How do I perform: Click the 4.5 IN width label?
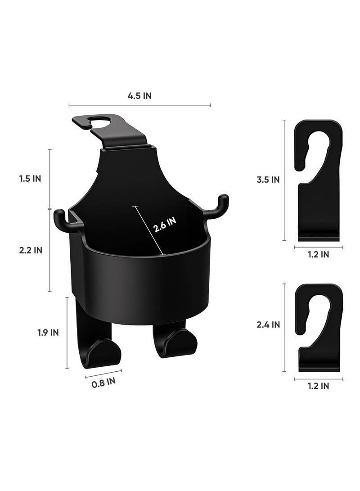point(139,96)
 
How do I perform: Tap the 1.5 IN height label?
point(30,179)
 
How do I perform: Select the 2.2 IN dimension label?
point(31,250)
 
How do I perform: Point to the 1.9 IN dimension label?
point(48,332)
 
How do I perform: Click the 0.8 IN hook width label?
point(103,382)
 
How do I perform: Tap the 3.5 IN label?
point(268,180)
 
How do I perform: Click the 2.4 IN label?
point(268,325)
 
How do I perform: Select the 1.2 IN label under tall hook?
point(318,255)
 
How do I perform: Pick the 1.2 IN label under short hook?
point(318,386)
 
